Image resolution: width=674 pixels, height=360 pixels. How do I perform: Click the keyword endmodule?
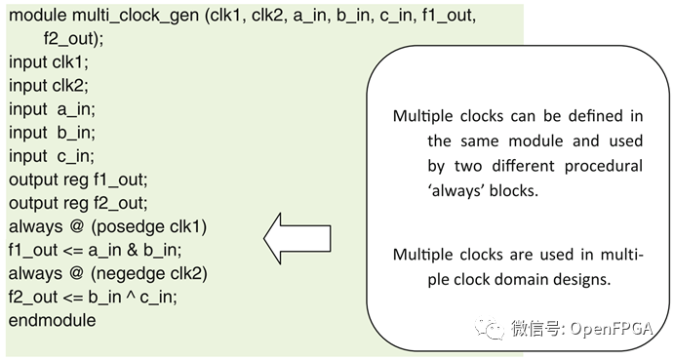pyautogui.click(x=53, y=320)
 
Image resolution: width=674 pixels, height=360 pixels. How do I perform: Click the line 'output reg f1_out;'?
pyautogui.click(x=77, y=180)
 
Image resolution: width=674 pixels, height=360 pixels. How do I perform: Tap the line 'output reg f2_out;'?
pyautogui.click(x=77, y=203)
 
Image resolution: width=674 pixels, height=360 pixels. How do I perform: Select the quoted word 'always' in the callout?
pyautogui.click(x=459, y=191)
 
